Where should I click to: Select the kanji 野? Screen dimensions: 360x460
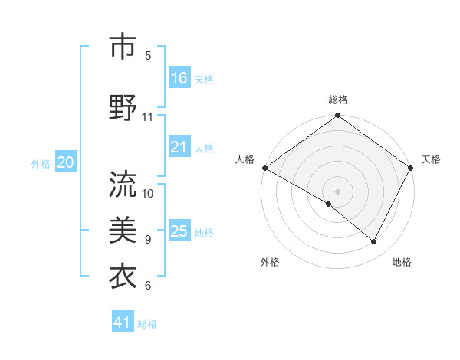click(123, 106)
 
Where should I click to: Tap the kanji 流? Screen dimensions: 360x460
click(123, 183)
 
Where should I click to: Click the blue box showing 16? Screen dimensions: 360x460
click(179, 77)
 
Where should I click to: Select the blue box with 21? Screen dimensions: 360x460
click(179, 147)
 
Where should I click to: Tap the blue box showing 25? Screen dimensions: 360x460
click(179, 231)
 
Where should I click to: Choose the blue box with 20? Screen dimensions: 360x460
click(66, 162)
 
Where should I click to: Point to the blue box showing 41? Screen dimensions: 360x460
click(123, 322)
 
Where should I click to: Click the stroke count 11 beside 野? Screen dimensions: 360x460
click(148, 117)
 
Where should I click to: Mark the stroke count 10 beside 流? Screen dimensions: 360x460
click(148, 193)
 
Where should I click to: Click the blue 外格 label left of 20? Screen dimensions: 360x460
click(40, 163)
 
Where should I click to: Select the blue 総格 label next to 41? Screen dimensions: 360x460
click(147, 324)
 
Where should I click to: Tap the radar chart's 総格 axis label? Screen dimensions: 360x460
click(337, 100)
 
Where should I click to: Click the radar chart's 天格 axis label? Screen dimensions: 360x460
click(431, 159)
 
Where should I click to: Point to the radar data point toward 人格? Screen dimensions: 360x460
click(264, 168)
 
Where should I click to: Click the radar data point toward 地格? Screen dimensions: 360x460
click(374, 242)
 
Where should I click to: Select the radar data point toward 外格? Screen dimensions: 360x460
click(329, 204)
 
